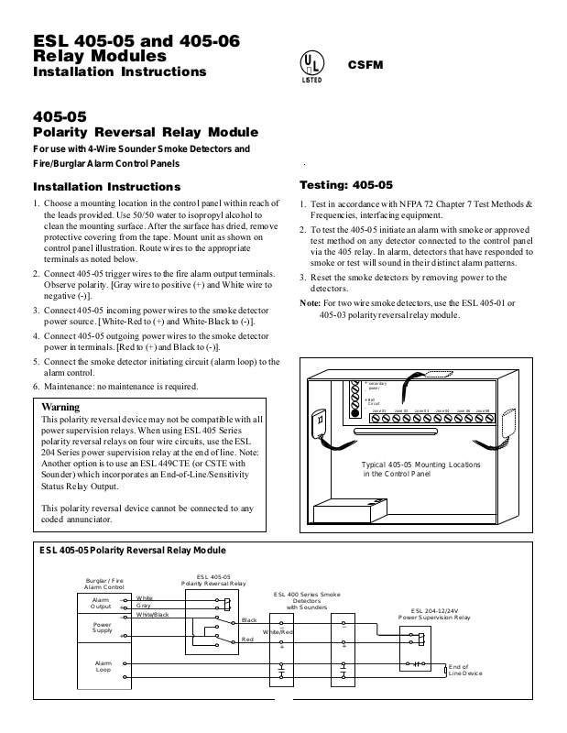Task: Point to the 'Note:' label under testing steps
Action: (x=310, y=302)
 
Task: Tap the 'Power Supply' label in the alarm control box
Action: (x=101, y=629)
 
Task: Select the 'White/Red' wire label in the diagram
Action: (x=278, y=632)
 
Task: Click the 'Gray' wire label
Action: (x=144, y=606)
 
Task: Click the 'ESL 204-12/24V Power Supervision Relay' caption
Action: (x=434, y=614)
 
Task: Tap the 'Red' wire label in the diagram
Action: (x=247, y=638)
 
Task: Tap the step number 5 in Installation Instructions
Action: (x=35, y=361)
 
